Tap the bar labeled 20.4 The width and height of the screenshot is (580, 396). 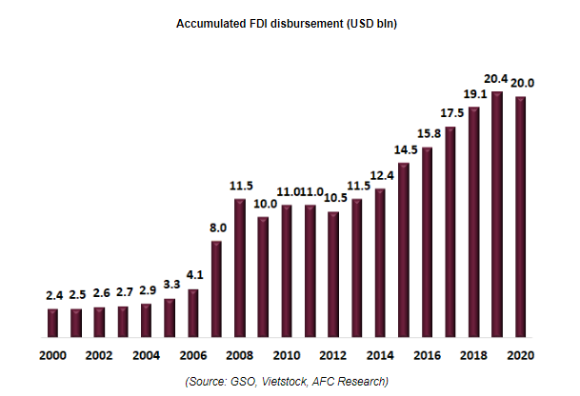tap(496, 215)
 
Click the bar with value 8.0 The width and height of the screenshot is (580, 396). tap(216, 289)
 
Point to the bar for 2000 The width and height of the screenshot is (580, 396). tap(52, 324)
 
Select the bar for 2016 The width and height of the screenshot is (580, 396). tap(427, 243)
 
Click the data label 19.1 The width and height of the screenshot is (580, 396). tap(473, 95)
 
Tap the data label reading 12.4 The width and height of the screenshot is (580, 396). tap(380, 176)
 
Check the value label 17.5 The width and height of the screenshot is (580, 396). tap(450, 113)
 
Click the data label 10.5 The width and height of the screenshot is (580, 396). tap(333, 199)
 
